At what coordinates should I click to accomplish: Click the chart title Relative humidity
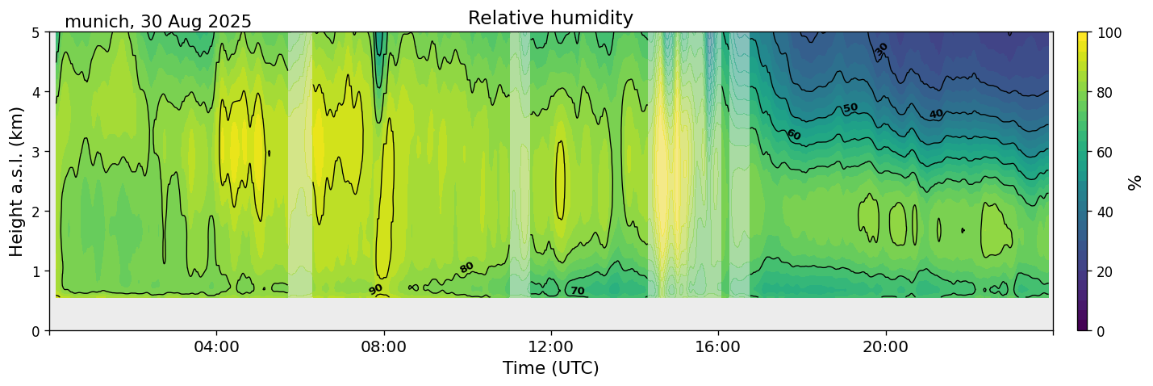click(x=550, y=18)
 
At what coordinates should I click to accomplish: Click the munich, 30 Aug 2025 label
click(x=158, y=22)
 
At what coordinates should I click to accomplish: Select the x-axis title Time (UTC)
click(x=550, y=368)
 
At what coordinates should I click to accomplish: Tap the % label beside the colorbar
click(x=1134, y=182)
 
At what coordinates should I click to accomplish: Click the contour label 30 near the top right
click(x=881, y=49)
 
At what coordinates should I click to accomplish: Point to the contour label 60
click(x=793, y=135)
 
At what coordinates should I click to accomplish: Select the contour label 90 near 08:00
click(x=376, y=289)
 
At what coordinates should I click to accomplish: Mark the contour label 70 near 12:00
click(x=577, y=291)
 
